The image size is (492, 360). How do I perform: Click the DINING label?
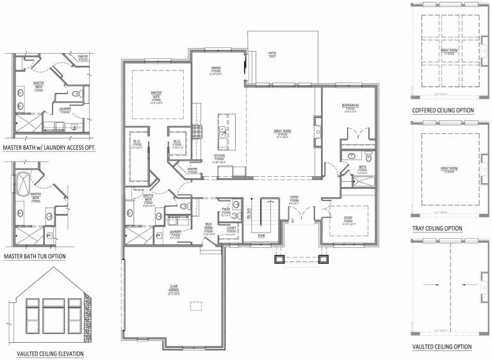coord(216,69)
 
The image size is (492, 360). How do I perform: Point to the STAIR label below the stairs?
coord(261,235)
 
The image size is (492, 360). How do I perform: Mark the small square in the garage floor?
coord(190,307)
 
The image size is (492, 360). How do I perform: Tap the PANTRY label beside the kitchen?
coord(192,169)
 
